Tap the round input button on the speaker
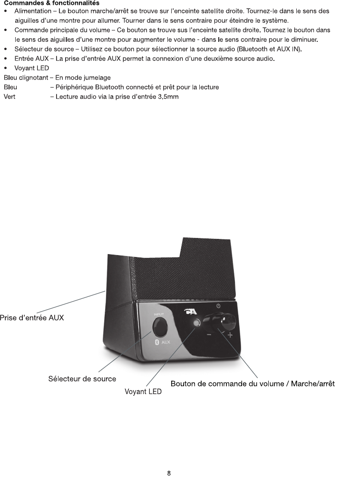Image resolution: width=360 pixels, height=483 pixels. [160, 327]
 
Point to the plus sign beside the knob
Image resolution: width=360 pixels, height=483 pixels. [230, 335]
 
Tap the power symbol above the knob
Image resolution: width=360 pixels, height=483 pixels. [218, 306]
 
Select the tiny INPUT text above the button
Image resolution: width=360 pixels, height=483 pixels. [159, 314]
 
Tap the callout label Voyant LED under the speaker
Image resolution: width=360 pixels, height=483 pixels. [143, 392]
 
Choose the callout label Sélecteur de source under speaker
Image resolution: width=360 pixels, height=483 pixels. [82, 379]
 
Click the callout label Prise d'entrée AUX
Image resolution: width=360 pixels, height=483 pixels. [32, 318]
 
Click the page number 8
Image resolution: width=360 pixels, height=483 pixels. [169, 473]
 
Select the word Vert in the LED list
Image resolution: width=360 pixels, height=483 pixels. [10, 97]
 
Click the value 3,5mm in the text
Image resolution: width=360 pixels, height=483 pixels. [168, 97]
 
